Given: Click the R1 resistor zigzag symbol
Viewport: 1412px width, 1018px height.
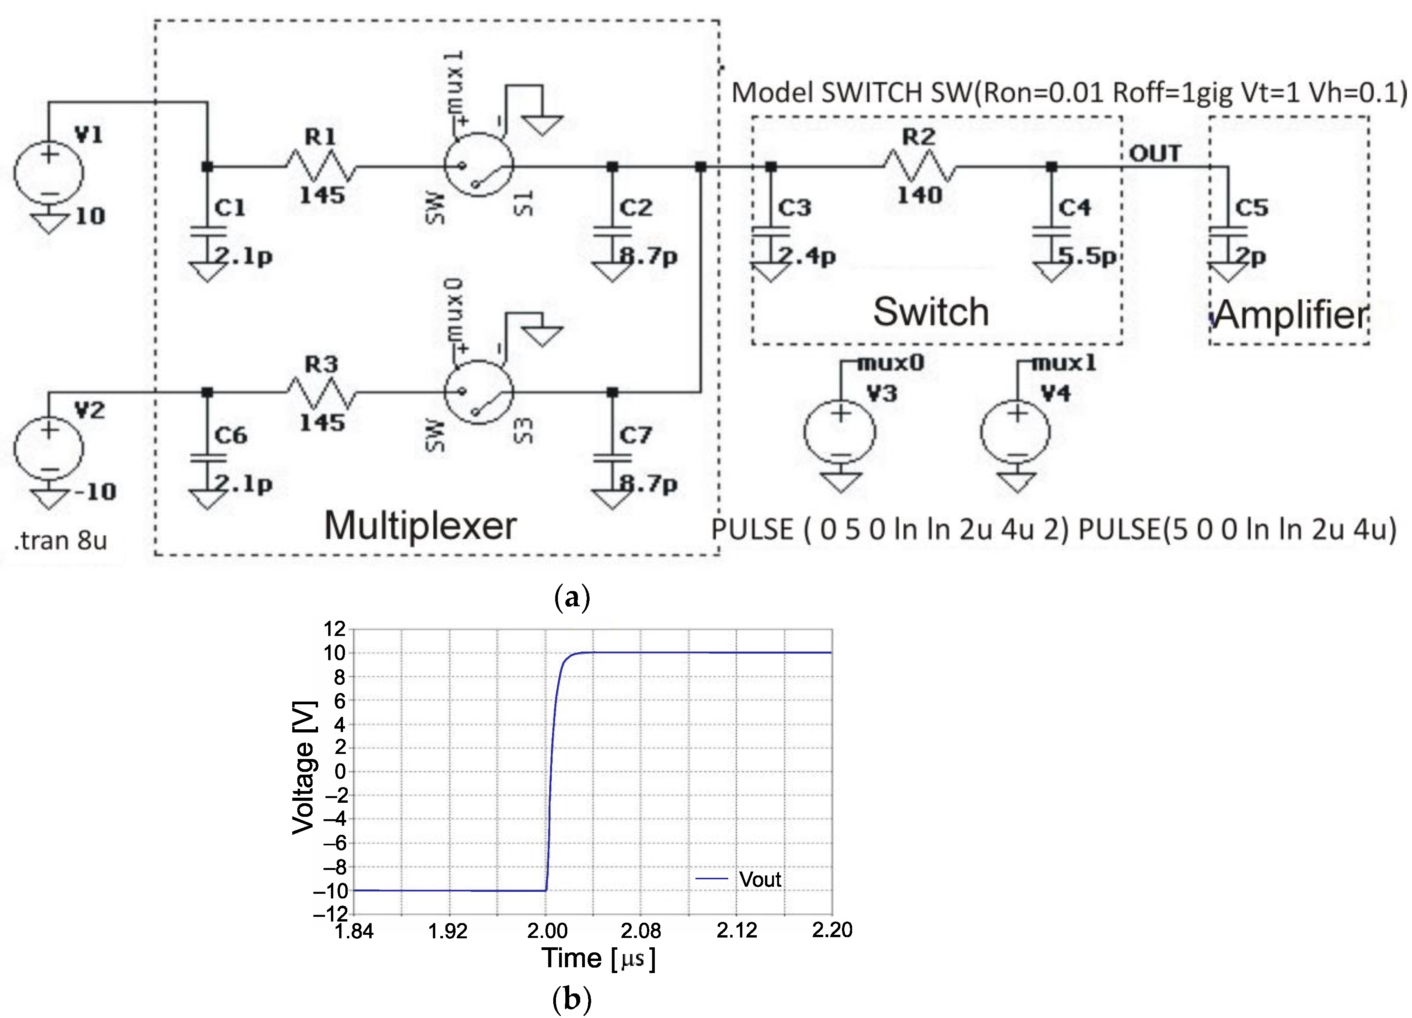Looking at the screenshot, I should point(321,166).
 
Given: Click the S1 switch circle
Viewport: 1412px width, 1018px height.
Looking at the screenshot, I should point(478,165).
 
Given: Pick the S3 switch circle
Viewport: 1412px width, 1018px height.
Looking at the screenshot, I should point(478,392).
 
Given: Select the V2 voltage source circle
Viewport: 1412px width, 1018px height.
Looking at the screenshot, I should point(48,448).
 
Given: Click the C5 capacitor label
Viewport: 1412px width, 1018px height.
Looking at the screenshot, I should point(1251,207).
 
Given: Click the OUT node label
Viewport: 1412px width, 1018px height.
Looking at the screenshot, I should point(1155,153).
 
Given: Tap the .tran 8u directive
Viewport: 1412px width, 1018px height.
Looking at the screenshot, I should point(61,540).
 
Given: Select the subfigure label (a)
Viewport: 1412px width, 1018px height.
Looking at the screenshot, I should point(572,597).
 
